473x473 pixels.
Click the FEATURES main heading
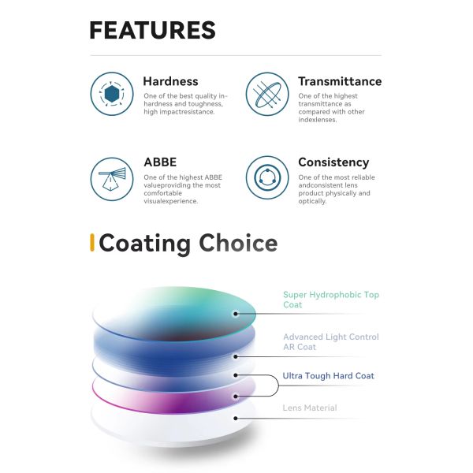(153, 30)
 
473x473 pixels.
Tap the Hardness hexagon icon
(112, 94)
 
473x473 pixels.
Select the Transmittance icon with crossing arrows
(267, 94)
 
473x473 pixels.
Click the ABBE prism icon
(112, 179)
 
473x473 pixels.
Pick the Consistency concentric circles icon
(267, 177)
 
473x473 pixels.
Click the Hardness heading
(170, 81)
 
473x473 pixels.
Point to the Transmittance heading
(340, 81)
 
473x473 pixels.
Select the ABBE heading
(160, 162)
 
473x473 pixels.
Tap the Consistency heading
(333, 162)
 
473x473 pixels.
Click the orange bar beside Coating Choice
(92, 243)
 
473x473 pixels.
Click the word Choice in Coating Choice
(238, 243)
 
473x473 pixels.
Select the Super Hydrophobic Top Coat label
(331, 300)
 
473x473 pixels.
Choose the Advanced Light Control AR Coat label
(331, 342)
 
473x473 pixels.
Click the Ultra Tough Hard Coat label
(328, 376)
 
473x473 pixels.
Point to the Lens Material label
(310, 408)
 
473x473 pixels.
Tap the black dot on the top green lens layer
(236, 314)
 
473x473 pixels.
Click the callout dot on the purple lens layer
(236, 397)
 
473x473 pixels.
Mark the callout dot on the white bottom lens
(236, 419)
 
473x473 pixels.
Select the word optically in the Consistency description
(312, 202)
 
